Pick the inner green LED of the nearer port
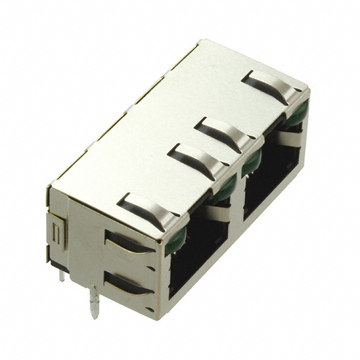point(225,188)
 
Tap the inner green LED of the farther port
point(251,161)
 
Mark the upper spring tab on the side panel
point(127,242)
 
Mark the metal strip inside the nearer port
point(217,213)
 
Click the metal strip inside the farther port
point(289,139)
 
